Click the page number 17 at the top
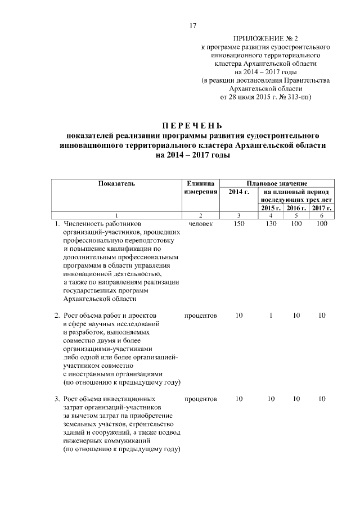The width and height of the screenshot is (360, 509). [x=192, y=26]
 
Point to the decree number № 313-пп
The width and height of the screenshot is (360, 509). [x=296, y=97]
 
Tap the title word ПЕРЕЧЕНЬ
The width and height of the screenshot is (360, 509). [x=193, y=125]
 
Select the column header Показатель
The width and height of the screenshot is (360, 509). [x=116, y=183]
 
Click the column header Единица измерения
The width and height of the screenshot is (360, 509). [x=200, y=188]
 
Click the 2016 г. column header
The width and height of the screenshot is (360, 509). [x=296, y=208]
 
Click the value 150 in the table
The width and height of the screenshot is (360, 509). [x=238, y=224]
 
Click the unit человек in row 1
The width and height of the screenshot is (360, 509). [x=200, y=224]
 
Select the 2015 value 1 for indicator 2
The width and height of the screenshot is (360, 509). [x=271, y=316]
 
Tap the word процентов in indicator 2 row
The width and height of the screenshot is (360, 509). [x=200, y=316]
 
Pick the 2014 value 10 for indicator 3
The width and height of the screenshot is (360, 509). [x=238, y=399]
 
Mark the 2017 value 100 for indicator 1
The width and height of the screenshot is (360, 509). [x=322, y=224]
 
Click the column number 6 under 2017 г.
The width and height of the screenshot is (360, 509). [x=322, y=216]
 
